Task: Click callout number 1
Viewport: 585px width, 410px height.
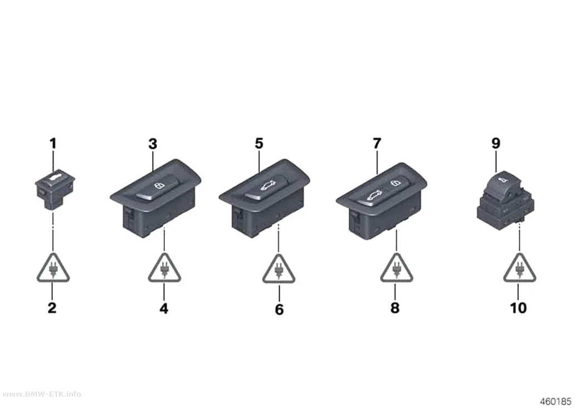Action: click(53, 143)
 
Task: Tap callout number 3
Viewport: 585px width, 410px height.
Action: click(153, 144)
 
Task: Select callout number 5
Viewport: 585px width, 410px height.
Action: click(259, 143)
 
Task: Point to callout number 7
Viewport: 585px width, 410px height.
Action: click(377, 143)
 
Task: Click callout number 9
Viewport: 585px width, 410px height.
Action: click(495, 143)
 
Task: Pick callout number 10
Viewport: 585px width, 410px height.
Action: click(518, 308)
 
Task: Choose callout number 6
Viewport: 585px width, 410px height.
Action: click(279, 309)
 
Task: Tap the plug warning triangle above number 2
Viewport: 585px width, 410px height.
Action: click(53, 268)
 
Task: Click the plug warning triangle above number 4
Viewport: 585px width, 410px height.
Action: click(164, 268)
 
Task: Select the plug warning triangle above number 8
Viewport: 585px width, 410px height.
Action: click(396, 268)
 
